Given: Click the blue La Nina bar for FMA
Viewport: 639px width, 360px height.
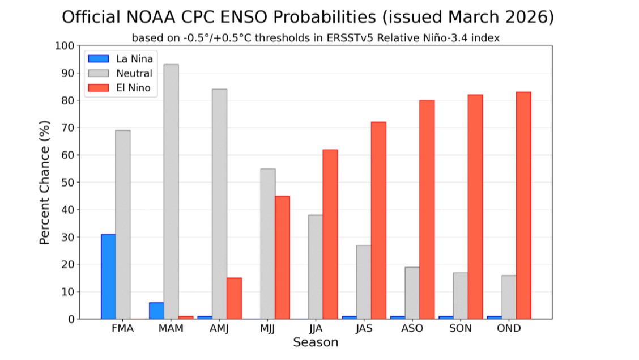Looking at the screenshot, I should click(108, 277).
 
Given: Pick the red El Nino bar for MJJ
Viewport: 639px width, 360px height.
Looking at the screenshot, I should click(282, 257).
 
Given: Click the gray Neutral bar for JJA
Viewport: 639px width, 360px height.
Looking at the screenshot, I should click(316, 267).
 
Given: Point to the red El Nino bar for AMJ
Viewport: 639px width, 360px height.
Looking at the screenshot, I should click(234, 298).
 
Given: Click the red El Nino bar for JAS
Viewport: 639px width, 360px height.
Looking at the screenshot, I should click(378, 221).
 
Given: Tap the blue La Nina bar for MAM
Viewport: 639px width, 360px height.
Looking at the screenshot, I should click(156, 311).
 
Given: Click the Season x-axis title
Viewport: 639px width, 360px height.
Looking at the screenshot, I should click(316, 342).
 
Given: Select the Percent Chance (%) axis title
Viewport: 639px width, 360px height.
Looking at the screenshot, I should click(45, 182).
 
